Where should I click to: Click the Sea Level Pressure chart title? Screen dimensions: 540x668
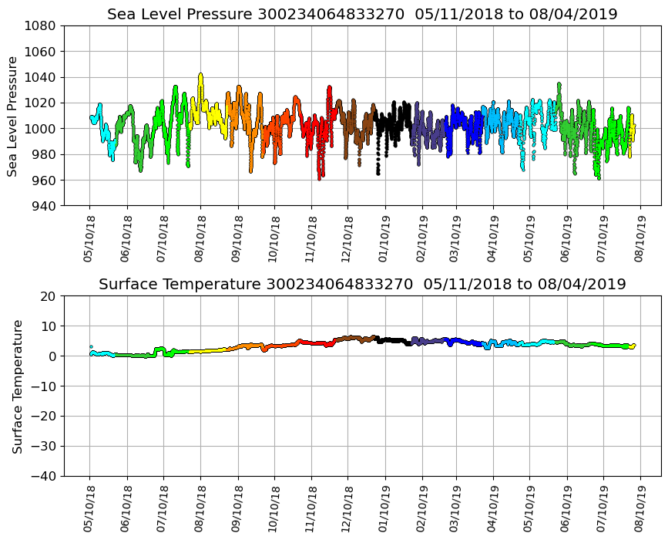[x=362, y=14]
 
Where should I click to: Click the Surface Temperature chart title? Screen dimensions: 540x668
[x=362, y=284]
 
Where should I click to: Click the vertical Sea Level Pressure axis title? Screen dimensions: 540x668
[x=13, y=116]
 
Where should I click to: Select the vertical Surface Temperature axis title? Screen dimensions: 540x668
[x=16, y=386]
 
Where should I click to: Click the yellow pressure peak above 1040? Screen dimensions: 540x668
[x=200, y=75]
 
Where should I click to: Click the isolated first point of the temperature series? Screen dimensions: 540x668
[x=91, y=347]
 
